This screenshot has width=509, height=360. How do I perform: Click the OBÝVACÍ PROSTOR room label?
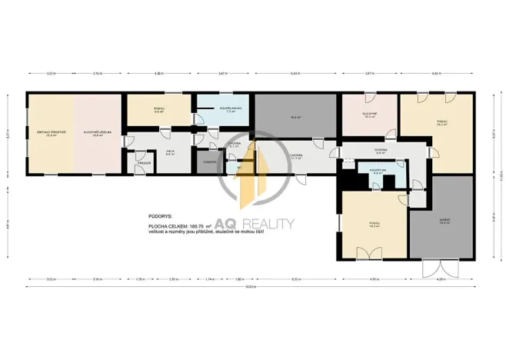[51, 132]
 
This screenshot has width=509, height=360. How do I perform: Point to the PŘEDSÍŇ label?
[143, 163]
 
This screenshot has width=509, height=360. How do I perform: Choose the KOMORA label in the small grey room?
[209, 162]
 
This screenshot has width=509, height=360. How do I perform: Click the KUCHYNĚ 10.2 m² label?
[369, 115]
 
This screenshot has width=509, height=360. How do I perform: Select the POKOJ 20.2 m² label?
[442, 123]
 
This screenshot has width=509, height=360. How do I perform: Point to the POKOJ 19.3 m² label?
[374, 225]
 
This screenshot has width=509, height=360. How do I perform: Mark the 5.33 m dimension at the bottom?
[296, 278]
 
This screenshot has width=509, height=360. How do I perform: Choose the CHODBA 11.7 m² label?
[296, 156]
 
